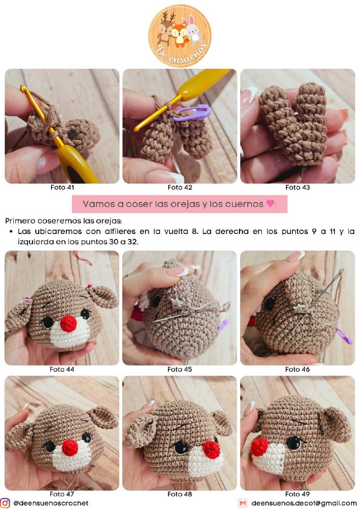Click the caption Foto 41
62,187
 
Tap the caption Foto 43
298,187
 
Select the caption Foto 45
179,369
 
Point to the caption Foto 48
179,494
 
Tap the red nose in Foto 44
68,324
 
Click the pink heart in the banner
270,203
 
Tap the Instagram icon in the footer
5,503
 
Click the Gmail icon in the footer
243,503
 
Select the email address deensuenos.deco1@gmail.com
304,503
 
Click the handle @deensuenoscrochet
51,503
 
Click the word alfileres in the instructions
120,232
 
